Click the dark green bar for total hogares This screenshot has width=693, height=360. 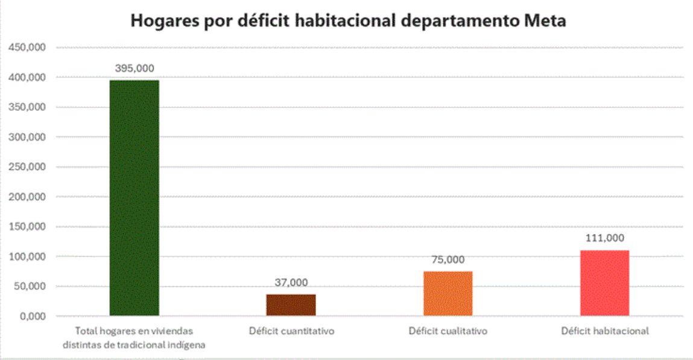pyautogui.click(x=134, y=198)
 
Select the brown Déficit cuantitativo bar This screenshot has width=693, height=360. pyautogui.click(x=291, y=305)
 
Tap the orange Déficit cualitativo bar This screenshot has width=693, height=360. pyautogui.click(x=448, y=293)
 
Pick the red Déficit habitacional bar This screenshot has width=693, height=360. pyautogui.click(x=604, y=282)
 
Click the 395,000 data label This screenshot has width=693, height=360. pyautogui.click(x=134, y=69)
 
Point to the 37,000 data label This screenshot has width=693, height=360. pyautogui.click(x=291, y=282)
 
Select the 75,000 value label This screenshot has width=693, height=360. pyautogui.click(x=448, y=260)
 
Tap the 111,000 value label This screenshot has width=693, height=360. pyautogui.click(x=604, y=238)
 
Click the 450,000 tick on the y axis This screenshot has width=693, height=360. pyautogui.click(x=28, y=48)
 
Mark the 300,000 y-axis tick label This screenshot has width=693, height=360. pyautogui.click(x=28, y=137)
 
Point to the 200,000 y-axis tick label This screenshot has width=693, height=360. pyautogui.click(x=28, y=197)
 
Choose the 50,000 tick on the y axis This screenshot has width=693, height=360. pyautogui.click(x=30, y=286)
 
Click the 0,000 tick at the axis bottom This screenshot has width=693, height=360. pyautogui.click(x=33, y=316)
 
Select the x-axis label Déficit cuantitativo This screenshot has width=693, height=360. pyautogui.click(x=291, y=331)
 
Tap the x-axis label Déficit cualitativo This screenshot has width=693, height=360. pyautogui.click(x=448, y=331)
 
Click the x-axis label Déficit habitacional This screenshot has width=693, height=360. pyautogui.click(x=604, y=331)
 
